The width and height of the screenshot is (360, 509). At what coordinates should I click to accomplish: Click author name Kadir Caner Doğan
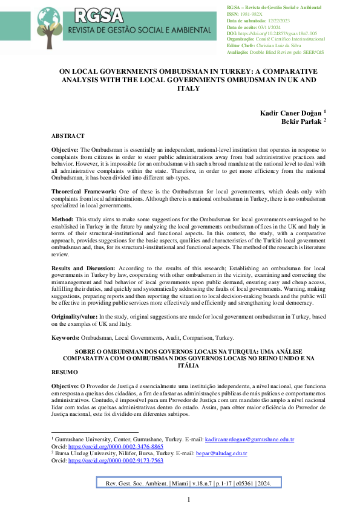[293, 112]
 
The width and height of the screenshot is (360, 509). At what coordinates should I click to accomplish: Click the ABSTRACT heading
[68, 136]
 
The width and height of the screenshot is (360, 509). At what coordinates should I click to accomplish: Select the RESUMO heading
[64, 373]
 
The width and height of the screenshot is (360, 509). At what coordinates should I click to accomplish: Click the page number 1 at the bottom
[188, 499]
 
